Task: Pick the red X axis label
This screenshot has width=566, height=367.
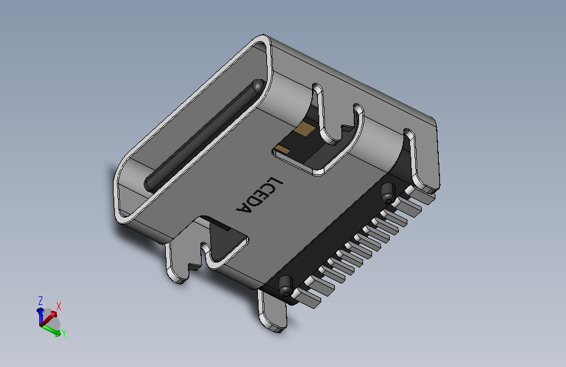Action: (59, 306)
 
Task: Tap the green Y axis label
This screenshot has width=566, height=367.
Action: (64, 333)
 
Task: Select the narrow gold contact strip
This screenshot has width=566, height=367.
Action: (283, 150)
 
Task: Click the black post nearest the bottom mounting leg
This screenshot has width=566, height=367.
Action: (285, 284)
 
